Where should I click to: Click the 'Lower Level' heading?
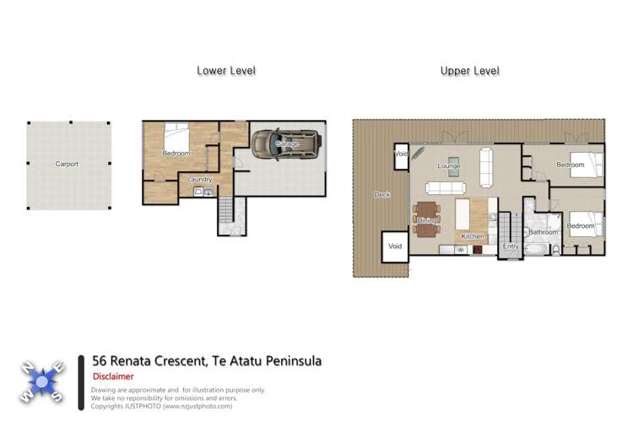tap(225, 71)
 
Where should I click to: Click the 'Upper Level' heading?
tap(469, 71)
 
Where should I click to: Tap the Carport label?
tap(67, 164)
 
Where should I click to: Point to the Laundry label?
tap(198, 179)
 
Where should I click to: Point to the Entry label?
tap(511, 246)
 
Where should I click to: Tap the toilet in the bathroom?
tap(555, 250)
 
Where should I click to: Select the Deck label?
tap(381, 195)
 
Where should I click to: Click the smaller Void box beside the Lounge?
tap(402, 154)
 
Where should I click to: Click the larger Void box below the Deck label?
tap(395, 246)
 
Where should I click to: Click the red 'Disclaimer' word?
tap(112, 376)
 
